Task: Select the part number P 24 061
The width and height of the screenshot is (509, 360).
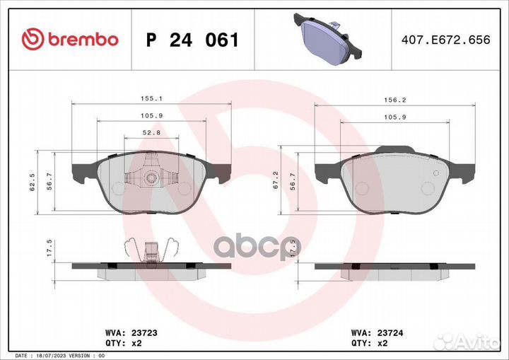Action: click(192, 40)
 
